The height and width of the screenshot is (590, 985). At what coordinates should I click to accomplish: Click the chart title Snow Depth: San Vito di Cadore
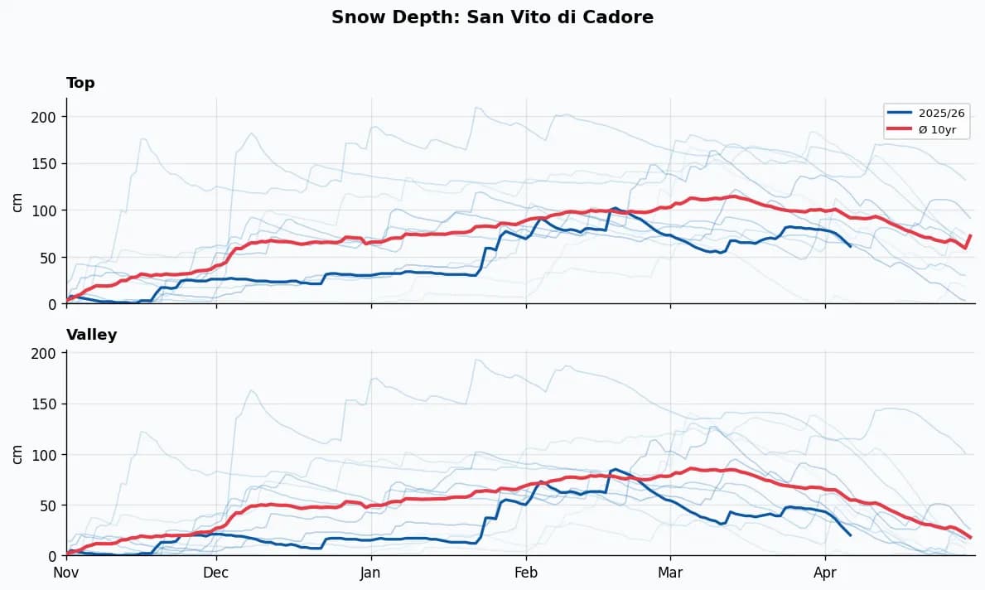pos(492,17)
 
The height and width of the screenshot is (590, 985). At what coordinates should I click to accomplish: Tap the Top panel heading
pos(80,83)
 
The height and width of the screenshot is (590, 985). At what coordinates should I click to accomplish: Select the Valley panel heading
pos(91,335)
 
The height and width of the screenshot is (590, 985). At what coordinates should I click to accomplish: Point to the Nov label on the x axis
pos(66,573)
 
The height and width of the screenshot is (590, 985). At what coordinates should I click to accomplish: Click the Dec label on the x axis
pos(216,573)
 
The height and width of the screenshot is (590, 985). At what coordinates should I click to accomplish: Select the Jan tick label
pos(371,573)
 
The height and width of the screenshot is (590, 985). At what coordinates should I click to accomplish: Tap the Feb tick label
pos(526,573)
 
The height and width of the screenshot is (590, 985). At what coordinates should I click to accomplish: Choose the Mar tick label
pos(670,573)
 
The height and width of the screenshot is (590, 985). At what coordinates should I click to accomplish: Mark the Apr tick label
pos(825,573)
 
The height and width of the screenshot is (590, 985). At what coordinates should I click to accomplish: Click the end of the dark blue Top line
pos(850,246)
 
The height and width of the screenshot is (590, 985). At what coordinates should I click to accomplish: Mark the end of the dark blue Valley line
pos(850,535)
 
